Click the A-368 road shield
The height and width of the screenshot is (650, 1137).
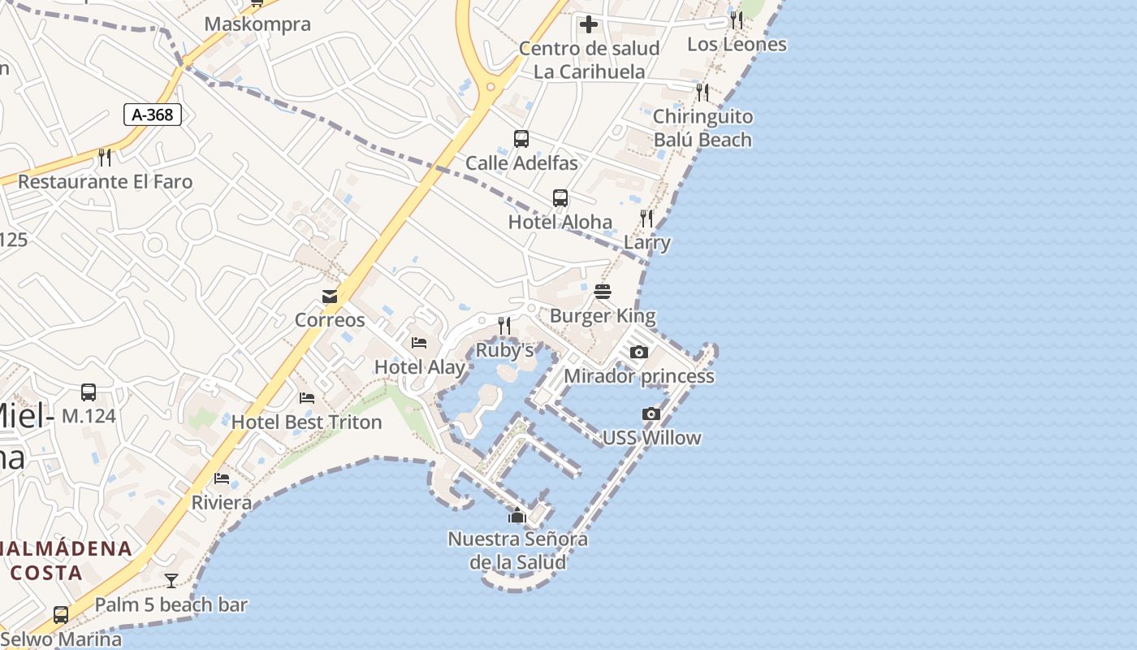[x=153, y=115]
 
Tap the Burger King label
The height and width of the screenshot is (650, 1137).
[x=603, y=315]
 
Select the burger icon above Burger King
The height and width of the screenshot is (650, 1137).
[x=603, y=292]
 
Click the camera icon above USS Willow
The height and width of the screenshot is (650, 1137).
[x=651, y=414]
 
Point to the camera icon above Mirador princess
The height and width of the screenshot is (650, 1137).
[x=639, y=353]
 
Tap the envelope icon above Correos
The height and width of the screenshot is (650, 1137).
[x=330, y=297]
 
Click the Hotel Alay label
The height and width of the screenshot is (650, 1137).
[x=420, y=367]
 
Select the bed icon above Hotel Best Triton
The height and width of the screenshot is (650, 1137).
[x=307, y=398]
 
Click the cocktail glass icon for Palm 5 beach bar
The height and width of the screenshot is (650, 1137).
[x=171, y=581]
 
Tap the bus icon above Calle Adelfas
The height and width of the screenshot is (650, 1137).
[x=521, y=139]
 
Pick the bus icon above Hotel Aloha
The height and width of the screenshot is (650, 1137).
[x=560, y=198]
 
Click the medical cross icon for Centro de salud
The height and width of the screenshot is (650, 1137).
[x=589, y=24]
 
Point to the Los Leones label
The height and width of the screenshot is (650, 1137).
[x=737, y=45]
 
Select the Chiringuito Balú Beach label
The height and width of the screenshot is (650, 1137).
[x=703, y=128]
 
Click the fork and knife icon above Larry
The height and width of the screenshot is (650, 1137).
[x=646, y=219]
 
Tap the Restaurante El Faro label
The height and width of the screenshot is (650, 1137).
[x=105, y=181]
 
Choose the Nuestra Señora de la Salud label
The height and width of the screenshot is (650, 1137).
[x=517, y=550]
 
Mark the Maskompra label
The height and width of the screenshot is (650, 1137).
[x=257, y=24]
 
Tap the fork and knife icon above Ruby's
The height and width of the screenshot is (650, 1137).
[x=504, y=327]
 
